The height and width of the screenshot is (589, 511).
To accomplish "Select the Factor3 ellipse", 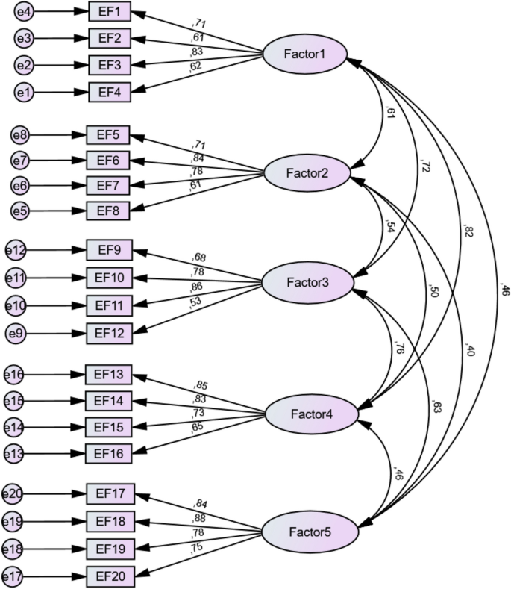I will pos(309,283).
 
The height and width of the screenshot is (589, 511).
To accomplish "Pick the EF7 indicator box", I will pos(109,185).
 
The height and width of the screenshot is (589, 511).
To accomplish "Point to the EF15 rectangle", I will pos(109,427).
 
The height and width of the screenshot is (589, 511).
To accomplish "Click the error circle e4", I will pos(25,12).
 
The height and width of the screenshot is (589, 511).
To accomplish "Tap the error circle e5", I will pos(22,211).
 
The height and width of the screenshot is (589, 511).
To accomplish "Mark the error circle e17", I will pos(15,576).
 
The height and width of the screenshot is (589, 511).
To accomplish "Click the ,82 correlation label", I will pos(467,231).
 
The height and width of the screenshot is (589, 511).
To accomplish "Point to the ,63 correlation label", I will pos(436,407).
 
